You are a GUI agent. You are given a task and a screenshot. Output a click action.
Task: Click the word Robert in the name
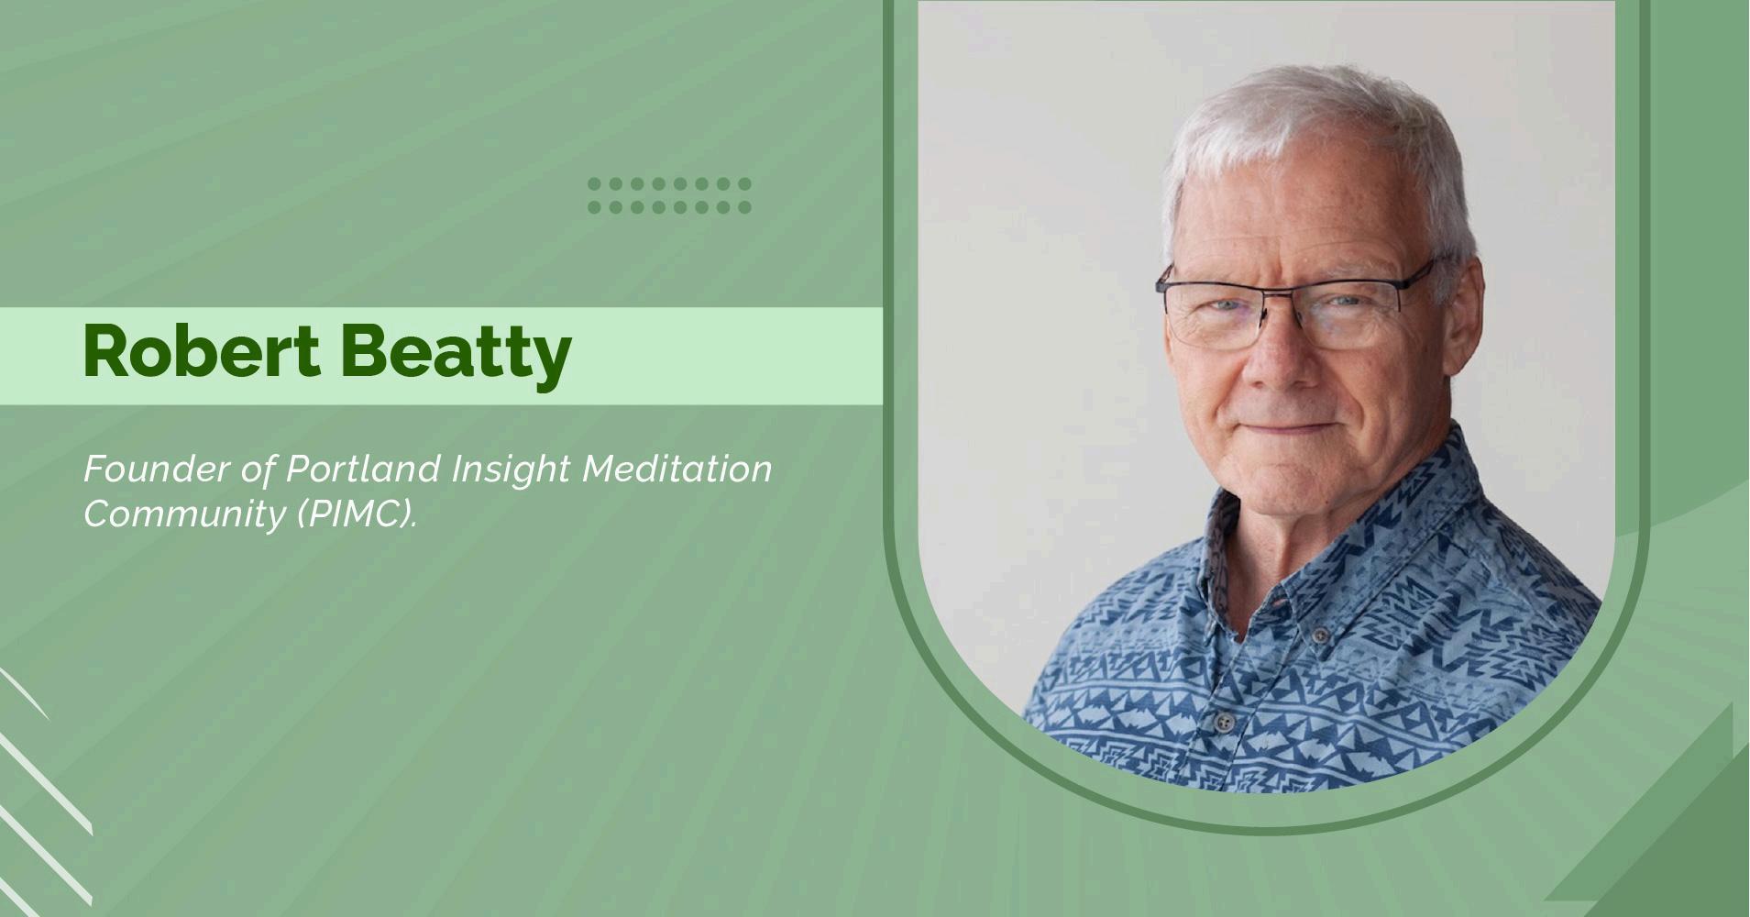pos(202,351)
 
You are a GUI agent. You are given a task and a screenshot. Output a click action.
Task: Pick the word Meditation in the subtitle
pos(677,469)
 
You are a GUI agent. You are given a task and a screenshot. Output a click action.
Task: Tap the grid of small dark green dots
pos(669,195)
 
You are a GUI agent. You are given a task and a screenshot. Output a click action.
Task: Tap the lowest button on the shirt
pos(1223,722)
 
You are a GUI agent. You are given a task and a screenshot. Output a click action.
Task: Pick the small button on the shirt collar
pos(1320,635)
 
